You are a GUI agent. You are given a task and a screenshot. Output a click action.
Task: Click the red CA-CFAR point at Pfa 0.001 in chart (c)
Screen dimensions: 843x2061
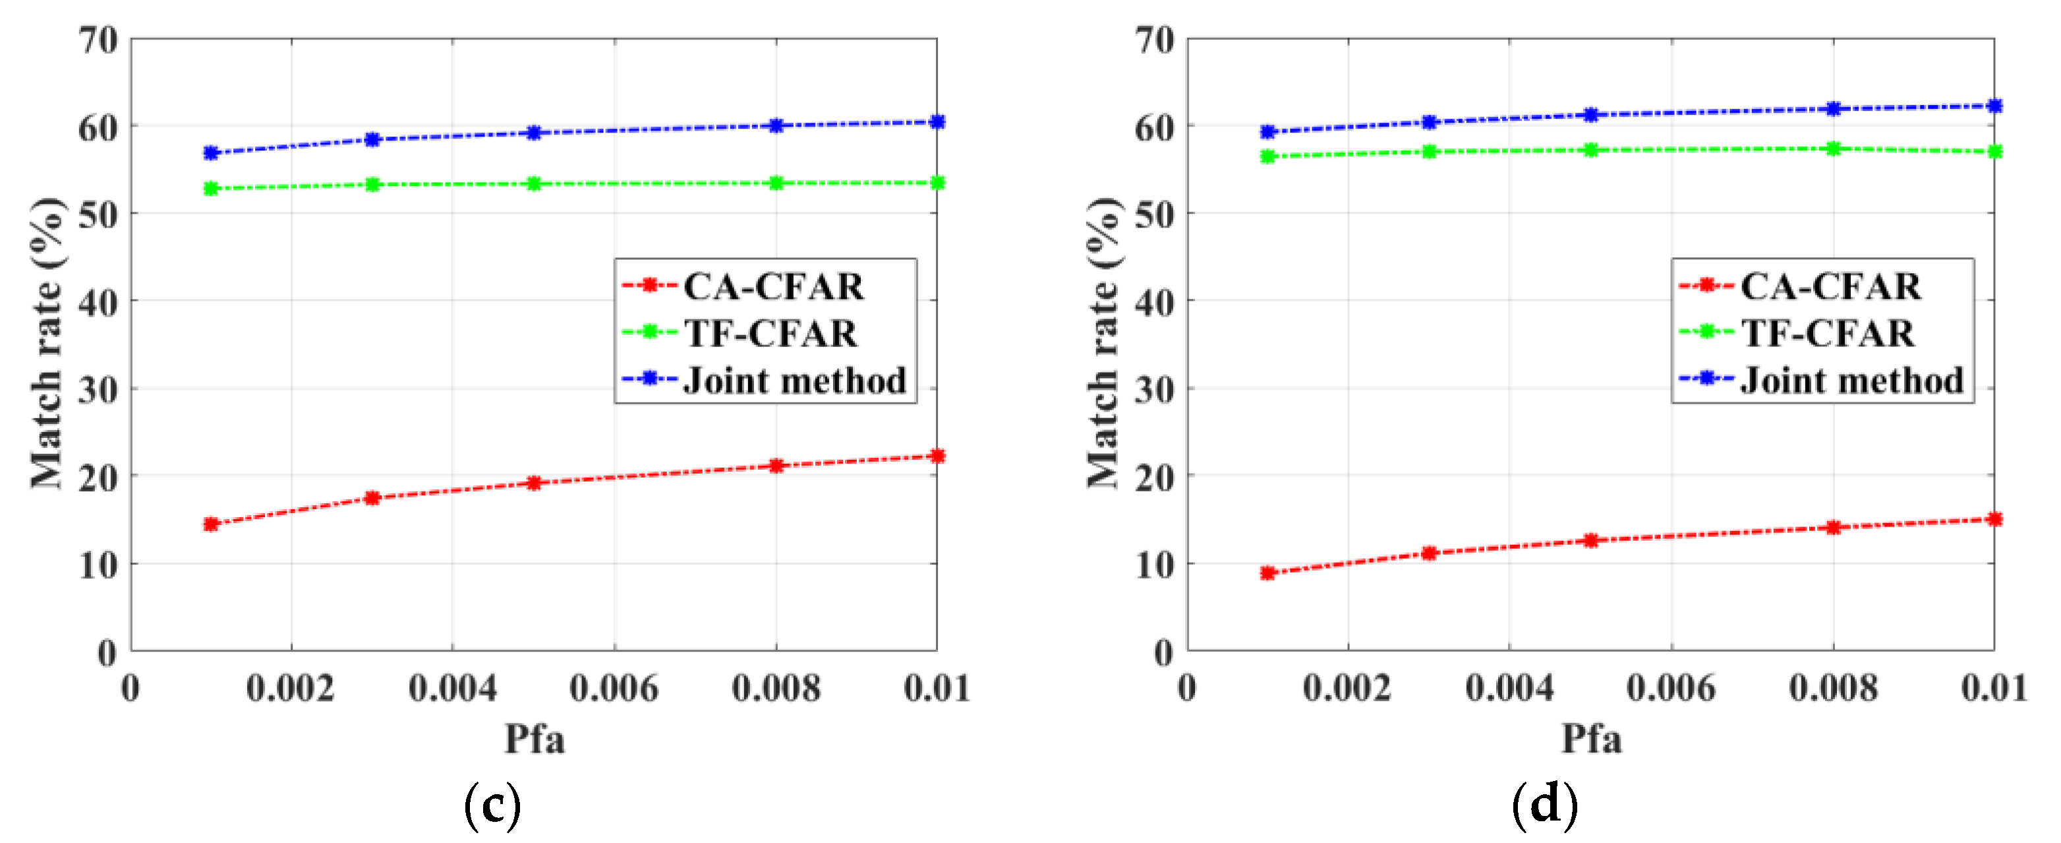[211, 524]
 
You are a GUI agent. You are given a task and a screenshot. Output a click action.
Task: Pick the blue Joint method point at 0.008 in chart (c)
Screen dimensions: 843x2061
[775, 126]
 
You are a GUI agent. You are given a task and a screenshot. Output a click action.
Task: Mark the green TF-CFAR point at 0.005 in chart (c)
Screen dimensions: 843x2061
[534, 184]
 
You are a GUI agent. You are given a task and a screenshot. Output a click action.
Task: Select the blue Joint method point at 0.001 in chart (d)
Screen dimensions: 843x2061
[1267, 132]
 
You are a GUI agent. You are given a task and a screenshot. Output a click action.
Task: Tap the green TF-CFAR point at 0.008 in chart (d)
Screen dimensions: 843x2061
[1833, 149]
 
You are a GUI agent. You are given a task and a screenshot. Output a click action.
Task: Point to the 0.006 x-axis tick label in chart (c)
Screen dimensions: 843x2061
[614, 689]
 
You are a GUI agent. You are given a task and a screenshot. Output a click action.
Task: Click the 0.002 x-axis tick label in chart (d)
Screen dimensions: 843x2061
[1347, 689]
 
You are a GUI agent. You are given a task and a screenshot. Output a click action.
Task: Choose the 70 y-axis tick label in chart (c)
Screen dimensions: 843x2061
[98, 40]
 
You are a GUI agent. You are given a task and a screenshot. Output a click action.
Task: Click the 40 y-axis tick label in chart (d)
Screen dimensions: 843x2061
[1155, 303]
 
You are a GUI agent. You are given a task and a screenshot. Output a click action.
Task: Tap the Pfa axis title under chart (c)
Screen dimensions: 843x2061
[534, 738]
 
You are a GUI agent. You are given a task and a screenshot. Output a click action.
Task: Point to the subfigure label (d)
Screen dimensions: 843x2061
[1545, 805]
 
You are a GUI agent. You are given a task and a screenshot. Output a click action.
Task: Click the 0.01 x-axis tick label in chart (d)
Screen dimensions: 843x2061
[1993, 689]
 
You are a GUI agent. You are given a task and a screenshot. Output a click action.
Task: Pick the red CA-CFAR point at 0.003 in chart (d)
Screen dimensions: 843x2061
[1429, 553]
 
